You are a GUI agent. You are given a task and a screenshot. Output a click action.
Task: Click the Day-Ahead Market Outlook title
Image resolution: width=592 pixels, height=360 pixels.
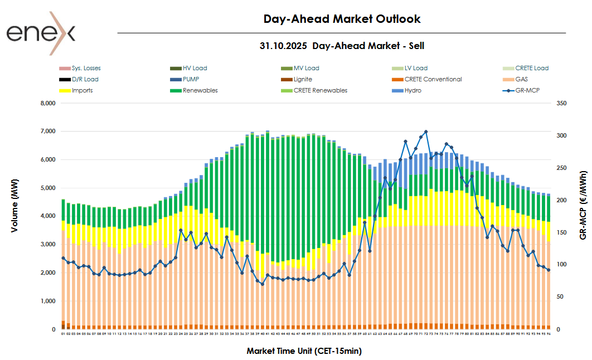[342, 19]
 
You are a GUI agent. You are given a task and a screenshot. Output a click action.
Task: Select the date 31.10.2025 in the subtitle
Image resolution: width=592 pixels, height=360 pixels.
[283, 46]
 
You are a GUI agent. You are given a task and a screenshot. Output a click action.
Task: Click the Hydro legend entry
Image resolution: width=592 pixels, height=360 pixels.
[413, 90]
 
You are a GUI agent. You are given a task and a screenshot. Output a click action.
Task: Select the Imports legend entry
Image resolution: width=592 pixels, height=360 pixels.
[82, 90]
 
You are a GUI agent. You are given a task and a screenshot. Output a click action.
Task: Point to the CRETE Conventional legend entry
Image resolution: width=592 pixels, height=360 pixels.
[433, 79]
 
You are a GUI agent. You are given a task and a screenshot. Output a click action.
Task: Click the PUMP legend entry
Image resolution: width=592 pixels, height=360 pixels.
[191, 79]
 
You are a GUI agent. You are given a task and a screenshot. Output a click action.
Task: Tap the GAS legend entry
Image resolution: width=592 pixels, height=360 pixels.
[521, 79]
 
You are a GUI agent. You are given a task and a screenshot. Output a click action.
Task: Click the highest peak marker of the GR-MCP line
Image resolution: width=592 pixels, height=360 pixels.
[426, 132]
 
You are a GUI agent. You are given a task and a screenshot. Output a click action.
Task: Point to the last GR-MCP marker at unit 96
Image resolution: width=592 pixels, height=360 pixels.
[549, 270]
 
